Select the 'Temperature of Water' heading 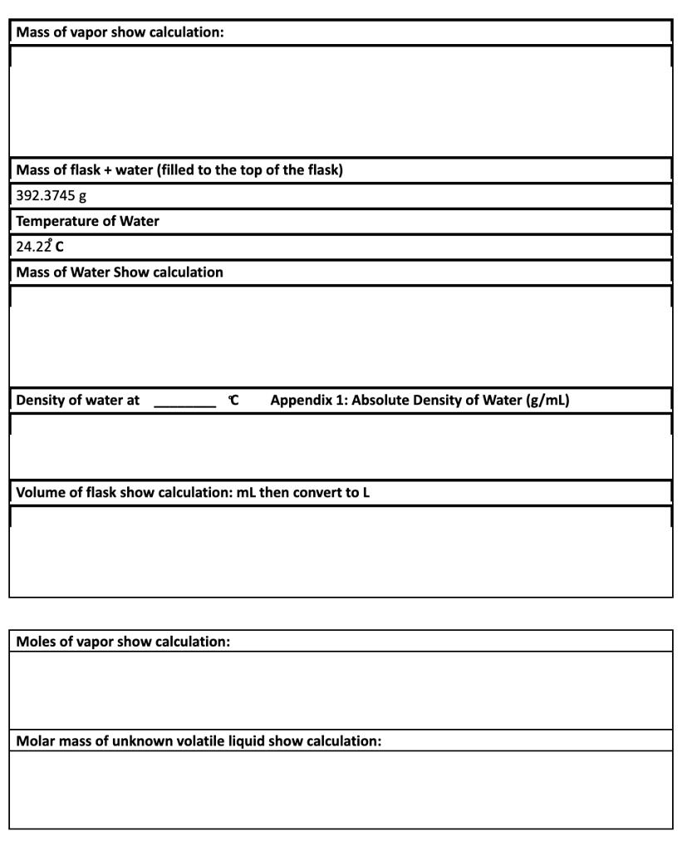[87, 221]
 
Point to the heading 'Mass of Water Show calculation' [120, 272]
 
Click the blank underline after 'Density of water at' [184, 401]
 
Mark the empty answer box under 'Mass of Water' [341, 337]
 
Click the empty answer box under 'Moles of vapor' [341, 690]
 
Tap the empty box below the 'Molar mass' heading [341, 790]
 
